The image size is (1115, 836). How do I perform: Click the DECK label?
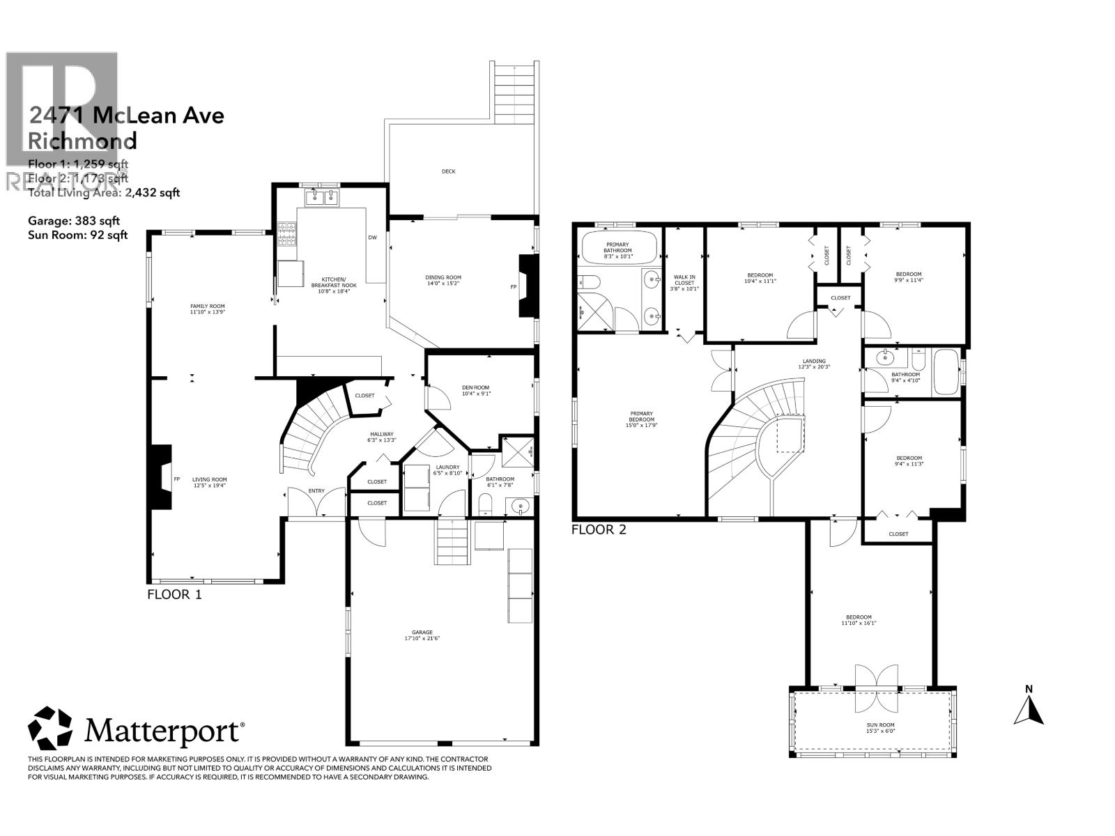coord(448,171)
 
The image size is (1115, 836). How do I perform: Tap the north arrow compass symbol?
coord(1029,706)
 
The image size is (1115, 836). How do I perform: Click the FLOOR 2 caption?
coord(599,529)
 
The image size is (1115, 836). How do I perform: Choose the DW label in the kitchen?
coord(373,238)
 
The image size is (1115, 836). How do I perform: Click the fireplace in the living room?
coord(161,479)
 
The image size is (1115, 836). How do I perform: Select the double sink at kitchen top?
coord(321,199)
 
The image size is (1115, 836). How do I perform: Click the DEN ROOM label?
coord(476,390)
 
